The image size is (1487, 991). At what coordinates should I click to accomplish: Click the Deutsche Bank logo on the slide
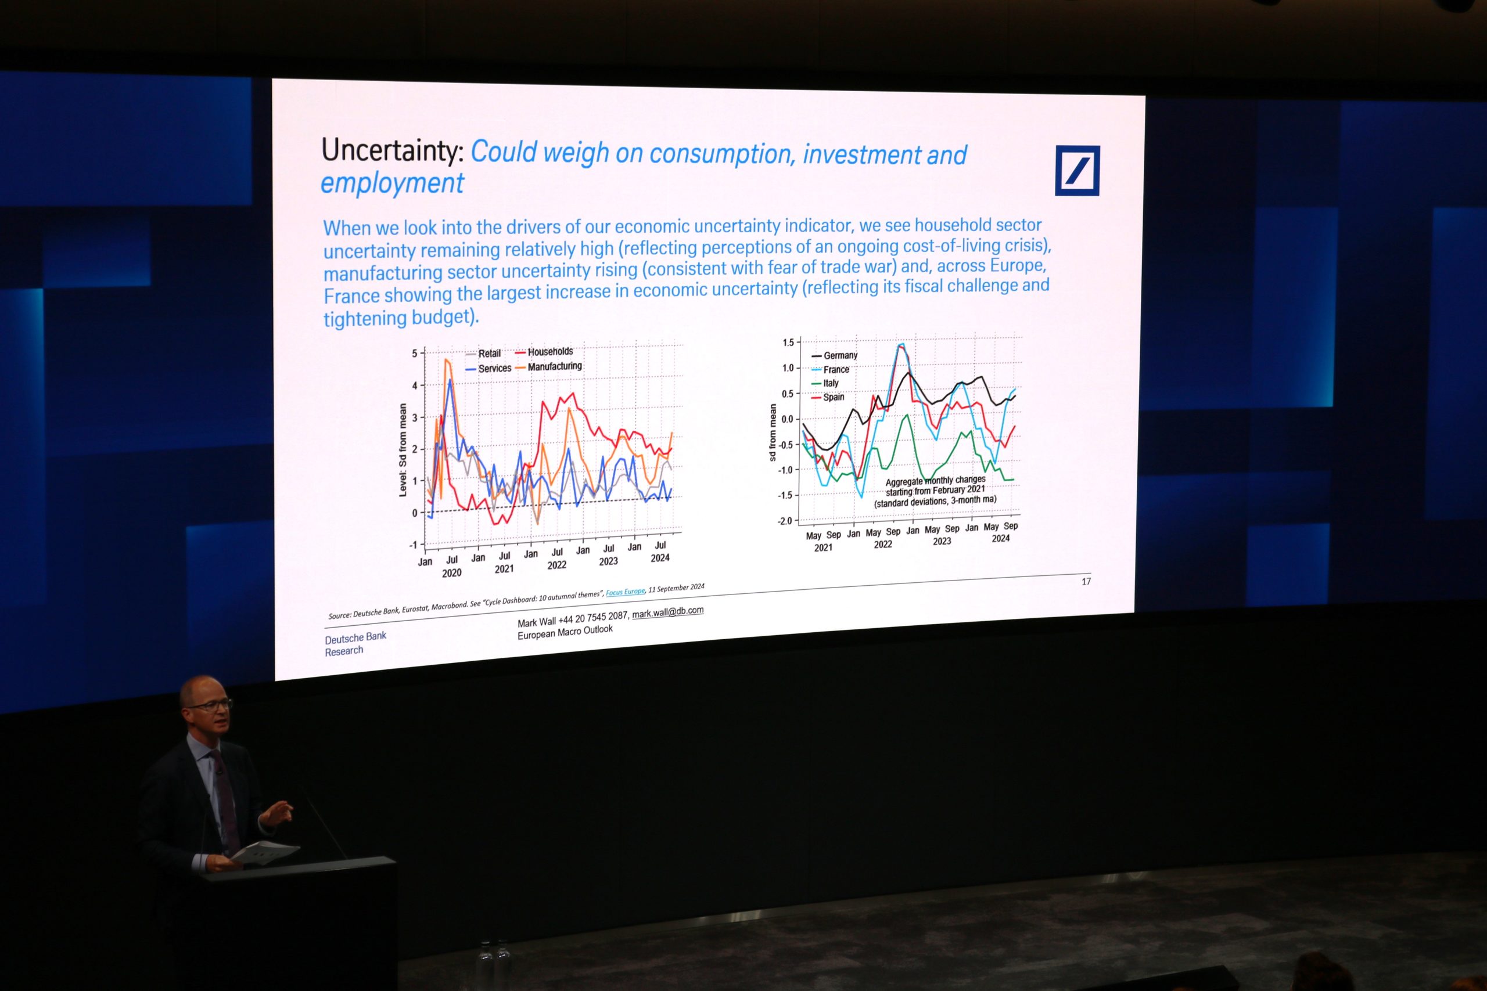(1077, 171)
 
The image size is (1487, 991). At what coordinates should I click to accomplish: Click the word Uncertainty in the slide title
(393, 150)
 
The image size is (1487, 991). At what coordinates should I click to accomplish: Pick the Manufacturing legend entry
(548, 366)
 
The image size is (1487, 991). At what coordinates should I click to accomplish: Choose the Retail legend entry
(483, 354)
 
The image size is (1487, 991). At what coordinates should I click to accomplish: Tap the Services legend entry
(488, 369)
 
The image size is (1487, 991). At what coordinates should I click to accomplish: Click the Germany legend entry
(834, 356)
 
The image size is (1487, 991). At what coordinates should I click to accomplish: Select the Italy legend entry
(824, 383)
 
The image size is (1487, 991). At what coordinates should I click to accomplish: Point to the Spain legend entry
(827, 397)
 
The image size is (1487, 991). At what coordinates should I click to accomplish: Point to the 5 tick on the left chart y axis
(415, 354)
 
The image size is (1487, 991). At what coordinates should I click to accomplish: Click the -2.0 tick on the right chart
(785, 521)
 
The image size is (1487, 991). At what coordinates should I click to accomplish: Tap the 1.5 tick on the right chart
(788, 343)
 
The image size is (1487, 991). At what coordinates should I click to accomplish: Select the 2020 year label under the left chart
(451, 573)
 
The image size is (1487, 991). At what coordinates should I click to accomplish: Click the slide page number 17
(1086, 582)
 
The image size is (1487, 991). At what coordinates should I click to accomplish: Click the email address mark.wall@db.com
(667, 612)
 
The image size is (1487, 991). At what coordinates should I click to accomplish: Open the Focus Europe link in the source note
(625, 592)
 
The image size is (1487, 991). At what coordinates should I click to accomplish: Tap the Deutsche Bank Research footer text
(355, 643)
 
